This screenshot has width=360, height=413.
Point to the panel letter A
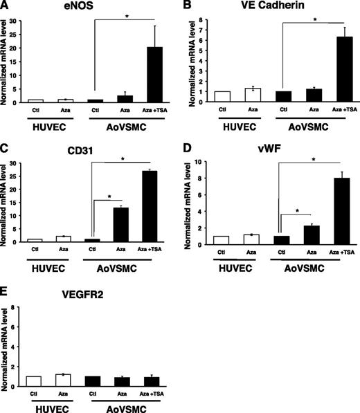coord(6,6)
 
